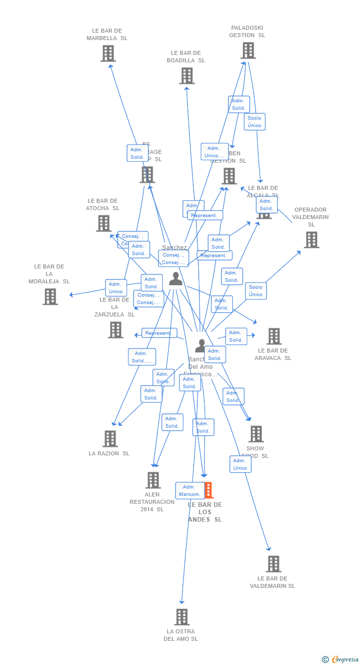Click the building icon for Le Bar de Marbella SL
click(108, 53)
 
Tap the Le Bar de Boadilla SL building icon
click(186, 76)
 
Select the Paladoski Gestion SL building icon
click(248, 50)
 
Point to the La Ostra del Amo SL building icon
click(181, 617)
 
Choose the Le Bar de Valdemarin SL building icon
click(273, 564)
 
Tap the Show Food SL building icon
click(256, 434)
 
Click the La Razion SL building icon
click(110, 439)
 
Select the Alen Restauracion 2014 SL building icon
click(153, 480)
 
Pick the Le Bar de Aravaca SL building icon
click(273, 336)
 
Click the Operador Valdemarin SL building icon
click(311, 240)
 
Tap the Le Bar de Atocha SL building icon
click(103, 223)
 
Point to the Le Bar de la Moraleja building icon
click(50, 297)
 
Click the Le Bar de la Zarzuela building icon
click(115, 330)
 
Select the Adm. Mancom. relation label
click(189, 490)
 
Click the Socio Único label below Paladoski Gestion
click(254, 122)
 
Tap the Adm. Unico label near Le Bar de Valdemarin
click(240, 464)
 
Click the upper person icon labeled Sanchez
click(176, 279)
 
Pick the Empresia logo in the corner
click(341, 659)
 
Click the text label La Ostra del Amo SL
click(181, 635)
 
